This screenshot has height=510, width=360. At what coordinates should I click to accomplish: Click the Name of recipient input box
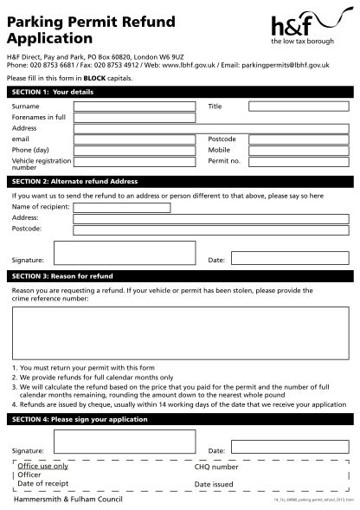click(x=122, y=208)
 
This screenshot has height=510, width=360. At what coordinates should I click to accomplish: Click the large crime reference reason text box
click(x=180, y=333)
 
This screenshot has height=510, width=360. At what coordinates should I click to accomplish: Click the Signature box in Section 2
click(x=124, y=252)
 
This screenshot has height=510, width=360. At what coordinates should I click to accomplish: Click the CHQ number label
click(x=216, y=467)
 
